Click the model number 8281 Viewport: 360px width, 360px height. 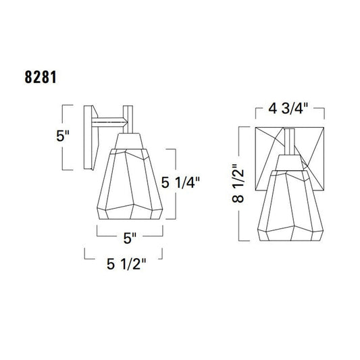(x=41, y=77)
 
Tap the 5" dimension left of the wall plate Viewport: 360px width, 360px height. (x=63, y=136)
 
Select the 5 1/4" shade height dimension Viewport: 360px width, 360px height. (x=180, y=182)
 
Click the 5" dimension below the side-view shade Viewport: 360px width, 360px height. (x=130, y=238)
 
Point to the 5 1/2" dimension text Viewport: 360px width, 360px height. (x=126, y=264)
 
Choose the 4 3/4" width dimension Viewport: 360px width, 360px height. (x=288, y=108)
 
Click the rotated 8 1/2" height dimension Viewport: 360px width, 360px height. (x=238, y=183)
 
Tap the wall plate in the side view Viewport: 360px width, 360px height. (x=91, y=137)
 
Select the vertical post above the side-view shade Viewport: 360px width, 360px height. (x=128, y=120)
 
